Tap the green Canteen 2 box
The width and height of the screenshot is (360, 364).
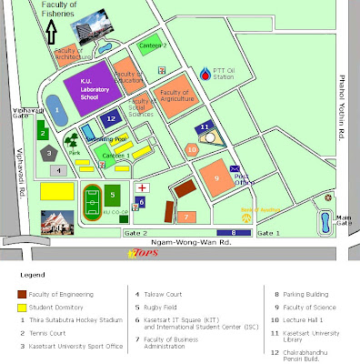[x=151, y=44]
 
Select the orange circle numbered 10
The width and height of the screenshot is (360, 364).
[x=191, y=148]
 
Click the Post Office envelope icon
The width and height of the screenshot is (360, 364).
[x=236, y=168]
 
